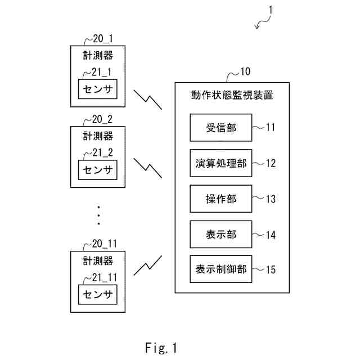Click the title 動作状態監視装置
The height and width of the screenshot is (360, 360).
click(x=232, y=95)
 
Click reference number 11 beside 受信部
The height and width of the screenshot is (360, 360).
click(x=270, y=128)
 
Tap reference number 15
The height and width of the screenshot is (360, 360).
click(x=270, y=269)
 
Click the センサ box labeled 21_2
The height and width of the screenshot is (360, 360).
click(x=98, y=169)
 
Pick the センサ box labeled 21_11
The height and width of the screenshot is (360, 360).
click(x=98, y=294)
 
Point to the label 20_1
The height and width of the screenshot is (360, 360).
click(x=103, y=39)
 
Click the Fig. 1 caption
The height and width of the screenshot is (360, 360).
click(x=160, y=348)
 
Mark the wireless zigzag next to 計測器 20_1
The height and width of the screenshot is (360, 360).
click(x=147, y=98)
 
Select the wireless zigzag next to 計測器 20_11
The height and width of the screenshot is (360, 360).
click(x=147, y=265)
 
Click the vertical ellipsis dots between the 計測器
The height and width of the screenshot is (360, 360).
click(x=98, y=215)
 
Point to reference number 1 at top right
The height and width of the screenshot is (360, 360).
click(x=271, y=10)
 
